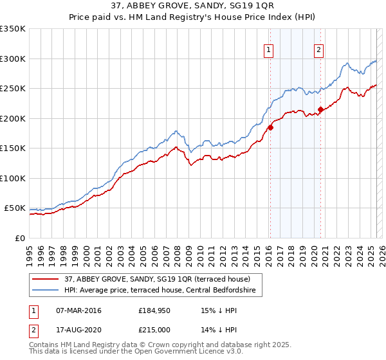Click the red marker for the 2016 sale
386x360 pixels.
click(x=270, y=127)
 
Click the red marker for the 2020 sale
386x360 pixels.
click(x=321, y=109)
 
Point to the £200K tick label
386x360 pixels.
click(x=13, y=118)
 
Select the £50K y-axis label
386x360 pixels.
click(x=15, y=208)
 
